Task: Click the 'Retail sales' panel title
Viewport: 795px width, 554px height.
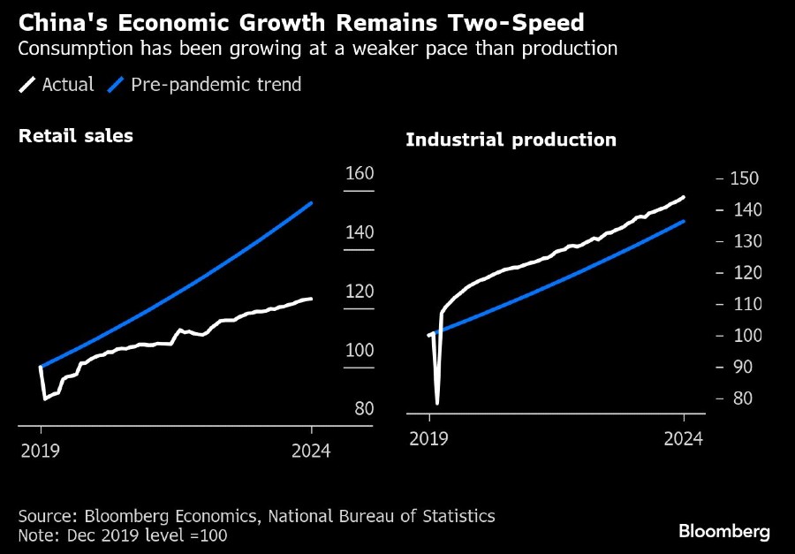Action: click(x=76, y=135)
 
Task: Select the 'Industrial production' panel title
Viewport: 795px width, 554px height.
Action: click(x=511, y=140)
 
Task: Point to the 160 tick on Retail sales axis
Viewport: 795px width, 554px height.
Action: click(x=360, y=174)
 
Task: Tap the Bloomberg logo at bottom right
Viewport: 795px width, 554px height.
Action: click(x=724, y=531)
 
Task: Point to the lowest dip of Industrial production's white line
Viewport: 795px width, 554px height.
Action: click(x=437, y=403)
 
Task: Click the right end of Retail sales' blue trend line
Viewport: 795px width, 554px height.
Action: click(x=311, y=203)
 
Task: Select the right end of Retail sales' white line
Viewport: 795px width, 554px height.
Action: click(x=311, y=299)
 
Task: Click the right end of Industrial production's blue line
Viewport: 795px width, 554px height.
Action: click(x=684, y=221)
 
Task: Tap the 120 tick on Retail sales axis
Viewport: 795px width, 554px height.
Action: click(x=360, y=292)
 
